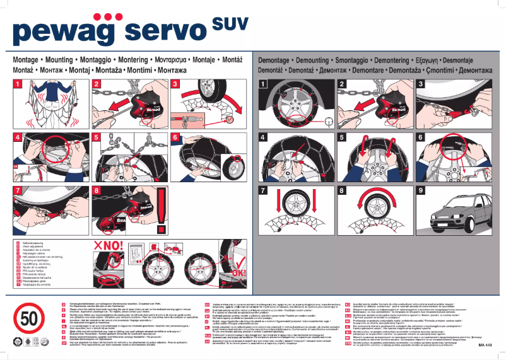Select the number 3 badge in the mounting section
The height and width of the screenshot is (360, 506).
point(175,84)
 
